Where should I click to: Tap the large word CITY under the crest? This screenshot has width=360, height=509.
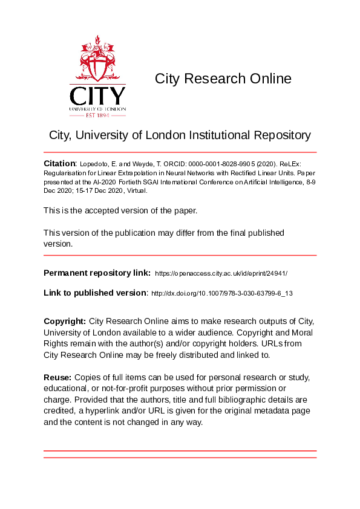[x=97, y=97]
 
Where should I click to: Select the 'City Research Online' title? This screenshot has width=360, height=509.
[x=223, y=79]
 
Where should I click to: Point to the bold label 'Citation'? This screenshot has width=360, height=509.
[x=59, y=164]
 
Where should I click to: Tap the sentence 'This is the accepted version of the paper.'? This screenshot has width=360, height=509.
[x=120, y=210]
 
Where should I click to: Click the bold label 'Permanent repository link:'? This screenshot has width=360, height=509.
[x=97, y=273]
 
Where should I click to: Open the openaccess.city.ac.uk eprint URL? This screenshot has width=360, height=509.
[x=221, y=274]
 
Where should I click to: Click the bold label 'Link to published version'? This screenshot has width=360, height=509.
[x=95, y=293]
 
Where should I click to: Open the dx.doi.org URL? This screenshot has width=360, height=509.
[x=221, y=293]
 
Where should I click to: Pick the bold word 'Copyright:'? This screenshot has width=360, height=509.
[x=65, y=320]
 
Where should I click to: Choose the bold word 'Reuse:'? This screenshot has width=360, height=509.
[x=57, y=377]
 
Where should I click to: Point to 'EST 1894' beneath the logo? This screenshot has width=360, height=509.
[x=97, y=115]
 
